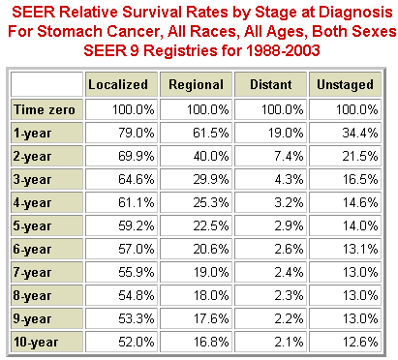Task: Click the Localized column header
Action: (x=117, y=85)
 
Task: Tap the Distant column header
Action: (x=271, y=85)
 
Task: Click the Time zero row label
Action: (x=46, y=109)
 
